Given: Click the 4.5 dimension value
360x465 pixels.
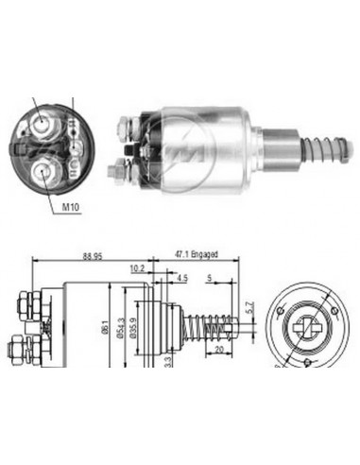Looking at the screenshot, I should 182,278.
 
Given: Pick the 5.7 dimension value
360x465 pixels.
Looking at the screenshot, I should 250,308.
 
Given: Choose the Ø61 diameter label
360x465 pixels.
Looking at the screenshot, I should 105,326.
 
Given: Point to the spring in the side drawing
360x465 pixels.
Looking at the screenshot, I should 213,327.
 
